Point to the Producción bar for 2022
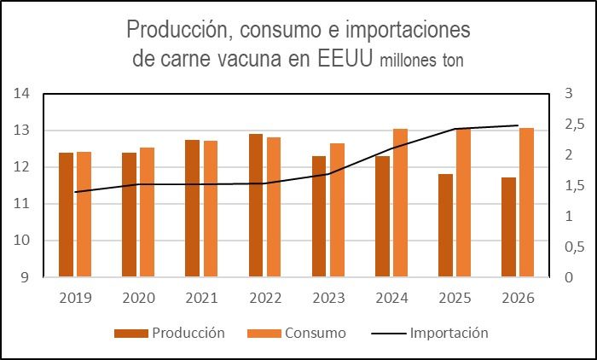pos(256,206)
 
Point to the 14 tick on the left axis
pos(21,94)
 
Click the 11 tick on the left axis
pos(21,204)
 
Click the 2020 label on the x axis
pos(138,299)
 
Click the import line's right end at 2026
pos(518,125)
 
